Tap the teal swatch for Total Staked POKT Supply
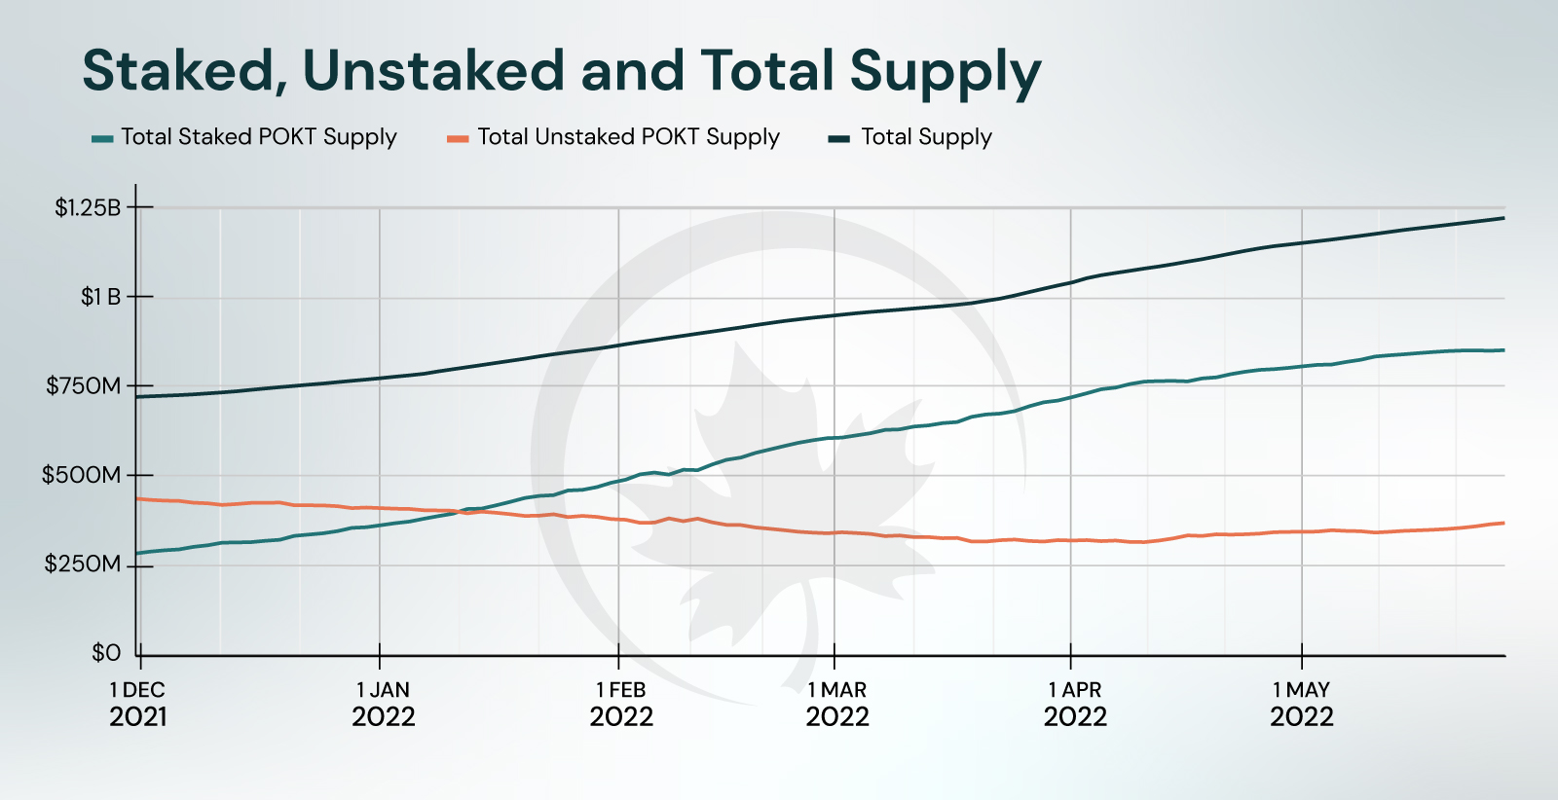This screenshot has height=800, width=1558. click(102, 139)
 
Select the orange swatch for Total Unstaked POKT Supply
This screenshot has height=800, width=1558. click(458, 139)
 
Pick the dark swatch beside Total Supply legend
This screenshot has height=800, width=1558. click(839, 139)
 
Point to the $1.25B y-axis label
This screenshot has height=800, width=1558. click(88, 207)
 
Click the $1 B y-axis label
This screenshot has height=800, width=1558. click(100, 297)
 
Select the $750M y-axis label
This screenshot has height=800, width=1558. click(84, 386)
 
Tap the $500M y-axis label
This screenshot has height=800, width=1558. click(82, 476)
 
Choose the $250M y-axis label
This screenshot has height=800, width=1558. click(83, 564)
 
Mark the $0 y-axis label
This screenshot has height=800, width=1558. click(106, 653)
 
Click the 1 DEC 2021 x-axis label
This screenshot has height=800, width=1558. click(138, 704)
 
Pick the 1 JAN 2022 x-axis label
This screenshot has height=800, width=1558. click(384, 704)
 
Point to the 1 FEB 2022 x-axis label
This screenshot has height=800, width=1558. click(621, 704)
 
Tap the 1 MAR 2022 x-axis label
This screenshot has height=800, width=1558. click(837, 704)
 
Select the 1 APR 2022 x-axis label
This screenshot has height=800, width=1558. click(1075, 704)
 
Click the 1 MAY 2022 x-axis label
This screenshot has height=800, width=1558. click(1302, 704)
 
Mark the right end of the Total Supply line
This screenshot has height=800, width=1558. click(1503, 218)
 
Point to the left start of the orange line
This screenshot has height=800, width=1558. click(137, 498)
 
